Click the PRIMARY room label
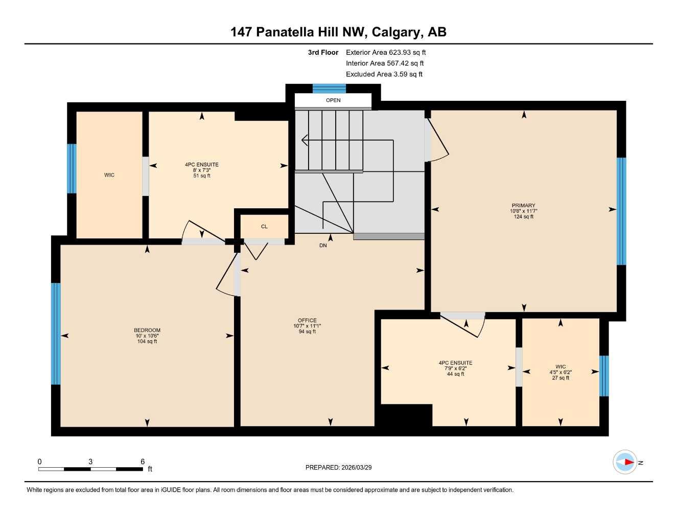coord(524,205)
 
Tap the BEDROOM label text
coord(147,330)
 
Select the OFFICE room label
coord(307,320)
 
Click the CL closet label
coord(264,227)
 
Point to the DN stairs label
coord(323,246)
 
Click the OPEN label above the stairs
coord(333,100)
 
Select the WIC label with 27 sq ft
coord(561,366)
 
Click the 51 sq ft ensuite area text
coord(202,176)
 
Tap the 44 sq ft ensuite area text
coord(455,374)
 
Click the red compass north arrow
coord(628,463)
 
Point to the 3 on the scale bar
coord(90,462)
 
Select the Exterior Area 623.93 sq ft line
coord(386,52)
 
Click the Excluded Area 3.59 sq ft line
coord(384,74)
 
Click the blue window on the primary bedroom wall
coord(621,211)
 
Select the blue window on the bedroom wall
coord(56,334)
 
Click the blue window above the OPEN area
coord(329,89)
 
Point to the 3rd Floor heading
coord(323,52)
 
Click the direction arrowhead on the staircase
coord(305,140)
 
